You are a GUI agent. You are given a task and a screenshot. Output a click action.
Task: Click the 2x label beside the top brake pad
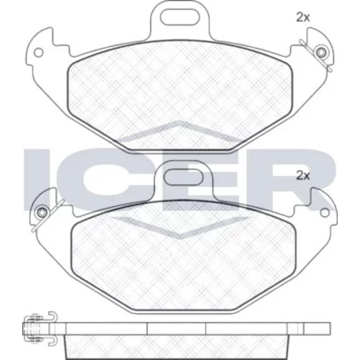coord(303,17)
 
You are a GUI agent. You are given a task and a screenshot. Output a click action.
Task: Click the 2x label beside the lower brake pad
coord(303,176)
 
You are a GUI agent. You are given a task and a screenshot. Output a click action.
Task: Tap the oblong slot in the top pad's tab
coord(180,17)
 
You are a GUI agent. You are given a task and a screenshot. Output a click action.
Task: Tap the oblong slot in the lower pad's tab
coord(184,177)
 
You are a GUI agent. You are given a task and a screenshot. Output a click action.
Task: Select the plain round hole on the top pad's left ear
coord(38,53)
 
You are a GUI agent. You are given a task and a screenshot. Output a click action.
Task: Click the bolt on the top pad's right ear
coord(321,53)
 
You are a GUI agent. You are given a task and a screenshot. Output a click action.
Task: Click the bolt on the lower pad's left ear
coord(42,212)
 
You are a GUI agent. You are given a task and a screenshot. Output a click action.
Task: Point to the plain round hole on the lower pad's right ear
coord(325,212)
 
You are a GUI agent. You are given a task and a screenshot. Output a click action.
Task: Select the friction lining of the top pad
coord(180,96)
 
